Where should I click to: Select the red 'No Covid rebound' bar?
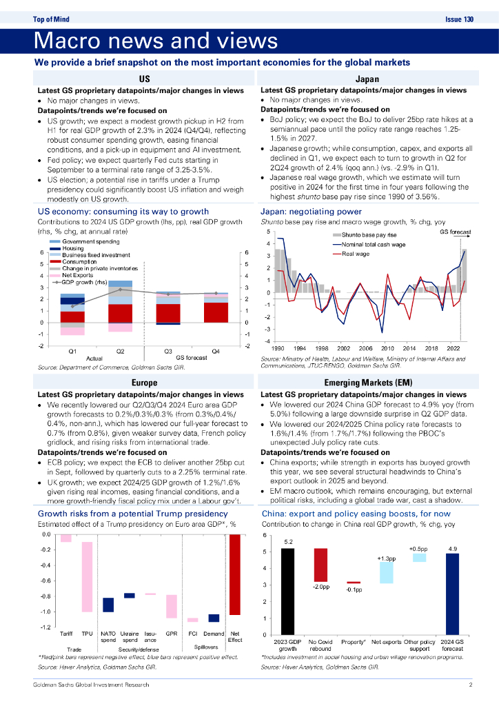tap(320, 564)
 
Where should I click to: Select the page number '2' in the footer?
tap(470, 685)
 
